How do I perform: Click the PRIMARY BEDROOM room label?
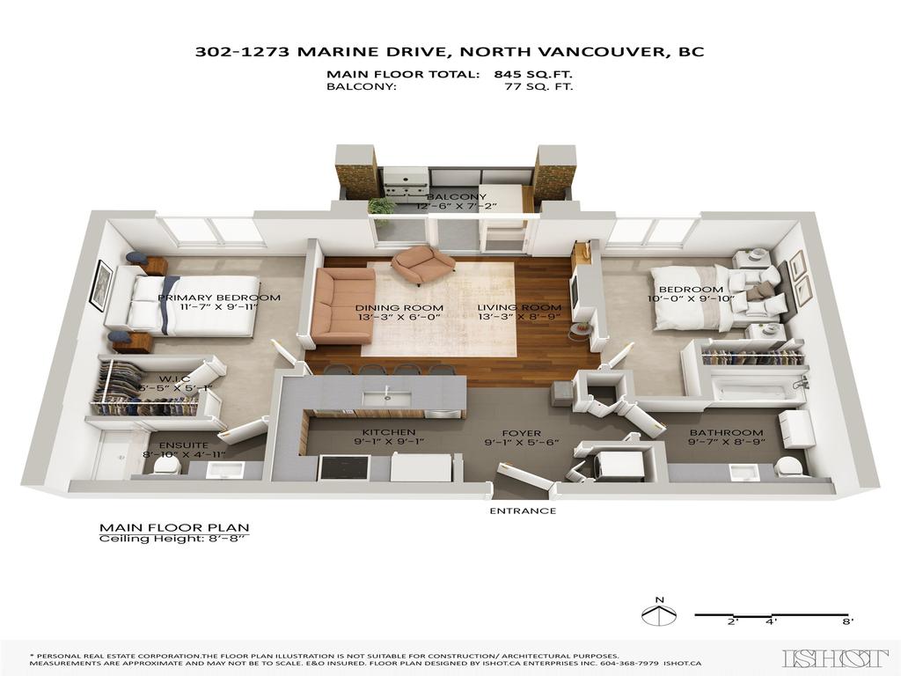pyautogui.click(x=219, y=298)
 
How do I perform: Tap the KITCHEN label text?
pyautogui.click(x=377, y=432)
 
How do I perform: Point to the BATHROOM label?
pyautogui.click(x=726, y=432)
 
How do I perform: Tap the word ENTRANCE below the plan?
pyautogui.click(x=523, y=511)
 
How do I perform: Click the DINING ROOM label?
pyautogui.click(x=399, y=309)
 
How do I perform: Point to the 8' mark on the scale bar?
pyautogui.click(x=846, y=621)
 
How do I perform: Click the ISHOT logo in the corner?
pyautogui.click(x=834, y=658)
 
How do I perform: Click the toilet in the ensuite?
pyautogui.click(x=165, y=467)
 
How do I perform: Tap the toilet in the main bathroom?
pyautogui.click(x=790, y=466)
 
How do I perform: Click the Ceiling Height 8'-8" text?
pyautogui.click(x=172, y=539)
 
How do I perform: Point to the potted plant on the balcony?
pyautogui.click(x=382, y=208)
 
